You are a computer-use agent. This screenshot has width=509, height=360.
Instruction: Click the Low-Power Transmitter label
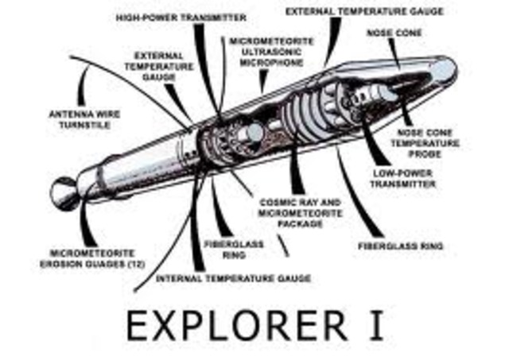click(x=403, y=177)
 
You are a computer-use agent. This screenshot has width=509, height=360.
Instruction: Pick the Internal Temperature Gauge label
click(x=233, y=279)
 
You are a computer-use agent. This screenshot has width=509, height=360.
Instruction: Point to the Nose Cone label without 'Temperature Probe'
click(x=396, y=35)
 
